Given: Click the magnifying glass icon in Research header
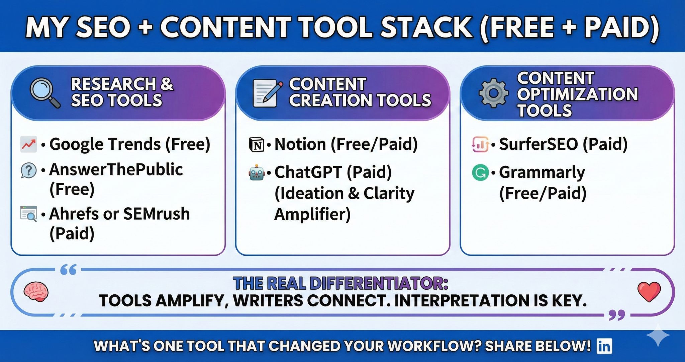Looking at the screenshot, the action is point(44,92).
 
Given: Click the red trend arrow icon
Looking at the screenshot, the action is point(28,144).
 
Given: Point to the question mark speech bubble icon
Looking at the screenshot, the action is point(28,170).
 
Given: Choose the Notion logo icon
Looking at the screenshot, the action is point(257,145).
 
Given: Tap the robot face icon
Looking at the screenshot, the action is point(257,172).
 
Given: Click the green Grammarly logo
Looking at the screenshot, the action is point(480,173).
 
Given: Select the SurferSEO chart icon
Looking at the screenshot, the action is point(480,144).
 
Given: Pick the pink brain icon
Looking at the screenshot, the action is point(36,292).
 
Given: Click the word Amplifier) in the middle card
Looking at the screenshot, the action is point(312,214).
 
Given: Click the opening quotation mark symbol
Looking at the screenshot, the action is point(69,269).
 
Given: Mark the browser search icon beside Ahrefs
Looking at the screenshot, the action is point(28,214).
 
